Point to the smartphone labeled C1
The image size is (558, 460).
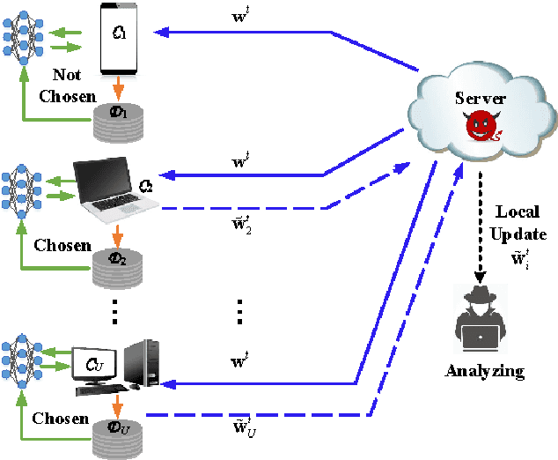coord(120,39)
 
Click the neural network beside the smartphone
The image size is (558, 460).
coord(21,35)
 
